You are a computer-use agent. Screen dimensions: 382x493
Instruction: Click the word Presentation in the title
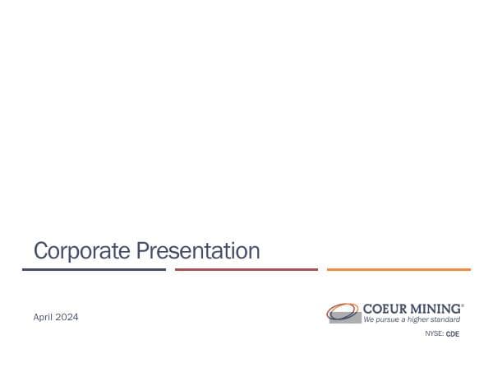(x=197, y=250)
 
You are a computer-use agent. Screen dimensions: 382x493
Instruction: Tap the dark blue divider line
(x=94, y=269)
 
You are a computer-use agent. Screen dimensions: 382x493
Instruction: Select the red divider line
(x=246, y=269)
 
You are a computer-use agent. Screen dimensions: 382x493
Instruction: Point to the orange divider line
(x=399, y=269)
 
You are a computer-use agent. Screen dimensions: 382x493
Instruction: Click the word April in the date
(x=44, y=317)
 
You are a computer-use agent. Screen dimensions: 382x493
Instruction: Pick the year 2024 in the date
(x=67, y=317)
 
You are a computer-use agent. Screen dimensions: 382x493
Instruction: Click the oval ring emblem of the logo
(x=340, y=310)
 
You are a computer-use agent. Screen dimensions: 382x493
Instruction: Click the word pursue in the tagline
(x=389, y=319)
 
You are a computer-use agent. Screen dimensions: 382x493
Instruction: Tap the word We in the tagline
(x=370, y=319)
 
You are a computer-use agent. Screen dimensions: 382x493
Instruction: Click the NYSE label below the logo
(x=433, y=334)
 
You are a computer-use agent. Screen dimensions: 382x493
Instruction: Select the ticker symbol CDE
(x=453, y=334)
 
